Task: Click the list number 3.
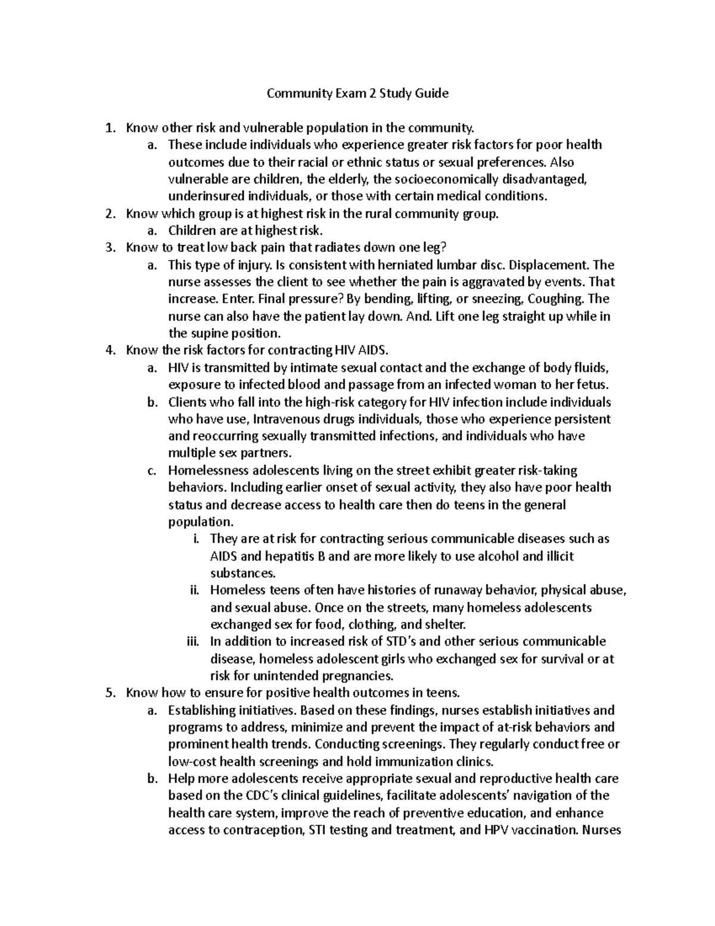[x=108, y=247]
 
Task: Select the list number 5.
[x=108, y=693]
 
